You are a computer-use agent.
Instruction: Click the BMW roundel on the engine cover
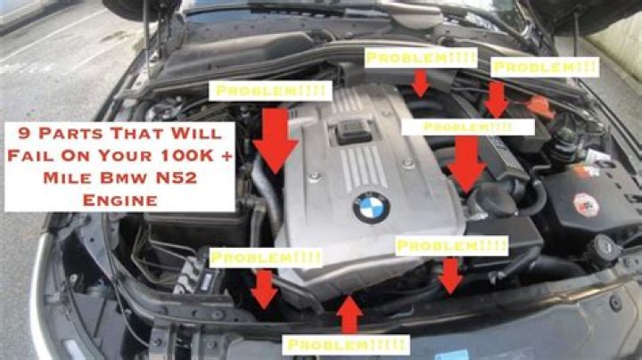point(371,208)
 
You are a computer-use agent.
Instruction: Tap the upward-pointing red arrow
point(349,315)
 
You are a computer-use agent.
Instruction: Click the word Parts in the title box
point(70,134)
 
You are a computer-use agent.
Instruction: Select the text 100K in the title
point(186,155)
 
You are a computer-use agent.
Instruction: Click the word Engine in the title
point(120,200)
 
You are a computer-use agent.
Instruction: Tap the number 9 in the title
point(25,134)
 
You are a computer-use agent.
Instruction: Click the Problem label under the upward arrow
point(346,345)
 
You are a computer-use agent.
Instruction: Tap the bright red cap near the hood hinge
point(540,107)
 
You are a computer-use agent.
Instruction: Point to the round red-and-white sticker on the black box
point(586,205)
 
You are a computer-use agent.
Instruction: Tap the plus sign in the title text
point(226,156)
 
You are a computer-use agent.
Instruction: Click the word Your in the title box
point(128,155)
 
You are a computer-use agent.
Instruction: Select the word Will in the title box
point(196,134)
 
